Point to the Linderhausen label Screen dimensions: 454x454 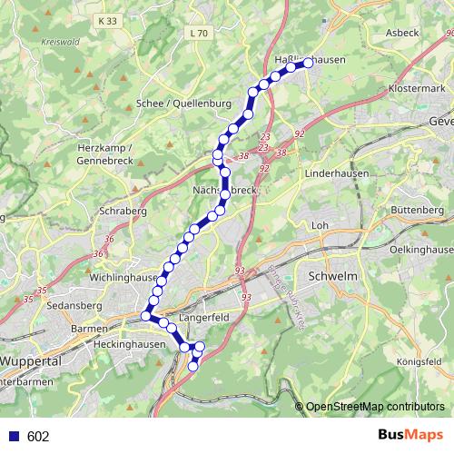tap(333, 172)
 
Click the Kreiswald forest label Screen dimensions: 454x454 tap(60, 42)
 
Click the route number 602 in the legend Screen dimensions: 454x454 tap(38, 437)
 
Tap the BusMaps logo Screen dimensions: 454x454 tap(410, 436)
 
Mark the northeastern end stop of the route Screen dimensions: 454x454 tap(309, 63)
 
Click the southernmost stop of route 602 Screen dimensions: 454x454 tap(192, 367)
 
